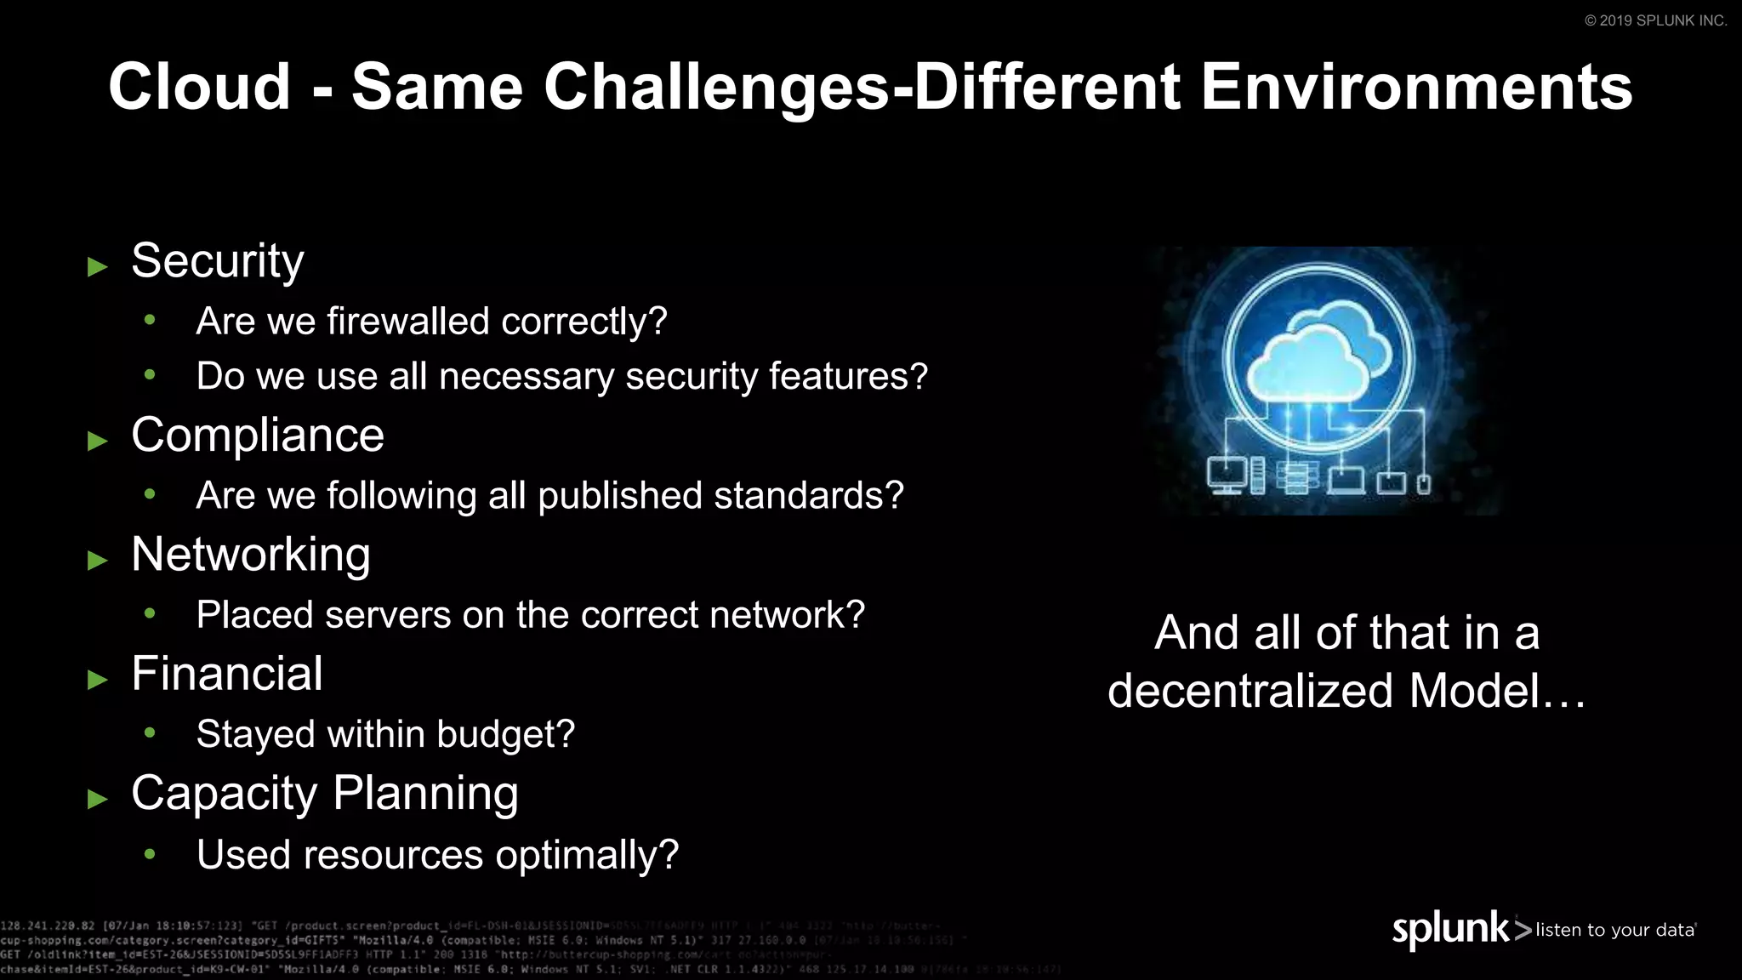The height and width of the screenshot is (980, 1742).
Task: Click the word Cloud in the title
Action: pyautogui.click(x=200, y=87)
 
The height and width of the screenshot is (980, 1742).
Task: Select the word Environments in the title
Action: pyautogui.click(x=1416, y=87)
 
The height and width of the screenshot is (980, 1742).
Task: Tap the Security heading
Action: pyautogui.click(x=218, y=261)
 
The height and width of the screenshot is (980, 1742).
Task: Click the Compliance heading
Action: pyautogui.click(x=258, y=436)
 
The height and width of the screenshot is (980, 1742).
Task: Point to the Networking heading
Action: pyautogui.click(x=251, y=555)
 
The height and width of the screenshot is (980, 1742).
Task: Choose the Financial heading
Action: pyautogui.click(x=227, y=674)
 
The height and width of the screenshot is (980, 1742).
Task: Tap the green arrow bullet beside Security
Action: pyautogui.click(x=98, y=267)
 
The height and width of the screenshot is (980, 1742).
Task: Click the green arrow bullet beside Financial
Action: pyautogui.click(x=98, y=680)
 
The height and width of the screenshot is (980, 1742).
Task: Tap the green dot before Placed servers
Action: pyautogui.click(x=151, y=612)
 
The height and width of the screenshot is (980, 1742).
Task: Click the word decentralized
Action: pyautogui.click(x=1251, y=691)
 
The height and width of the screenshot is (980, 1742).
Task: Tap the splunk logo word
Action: pyautogui.click(x=1450, y=930)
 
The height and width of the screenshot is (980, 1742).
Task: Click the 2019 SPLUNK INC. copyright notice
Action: pyautogui.click(x=1655, y=20)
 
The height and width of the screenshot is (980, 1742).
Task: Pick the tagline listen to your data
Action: pyautogui.click(x=1614, y=930)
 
